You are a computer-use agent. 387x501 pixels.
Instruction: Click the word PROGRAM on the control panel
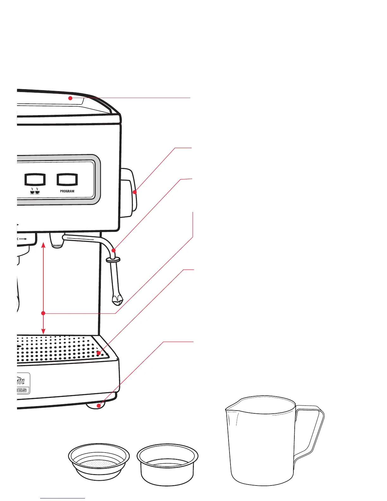67,191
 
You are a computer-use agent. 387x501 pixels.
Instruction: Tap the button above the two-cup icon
35,179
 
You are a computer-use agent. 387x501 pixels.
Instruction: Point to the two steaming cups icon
35,191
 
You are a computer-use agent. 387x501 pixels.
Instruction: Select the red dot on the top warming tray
70,98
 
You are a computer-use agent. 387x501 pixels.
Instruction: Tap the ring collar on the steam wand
113,260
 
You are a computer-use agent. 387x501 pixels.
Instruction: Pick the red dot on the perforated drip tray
99,353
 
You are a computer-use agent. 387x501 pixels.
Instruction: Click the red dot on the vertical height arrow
44,313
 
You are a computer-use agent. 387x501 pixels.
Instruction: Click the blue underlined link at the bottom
63,498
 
